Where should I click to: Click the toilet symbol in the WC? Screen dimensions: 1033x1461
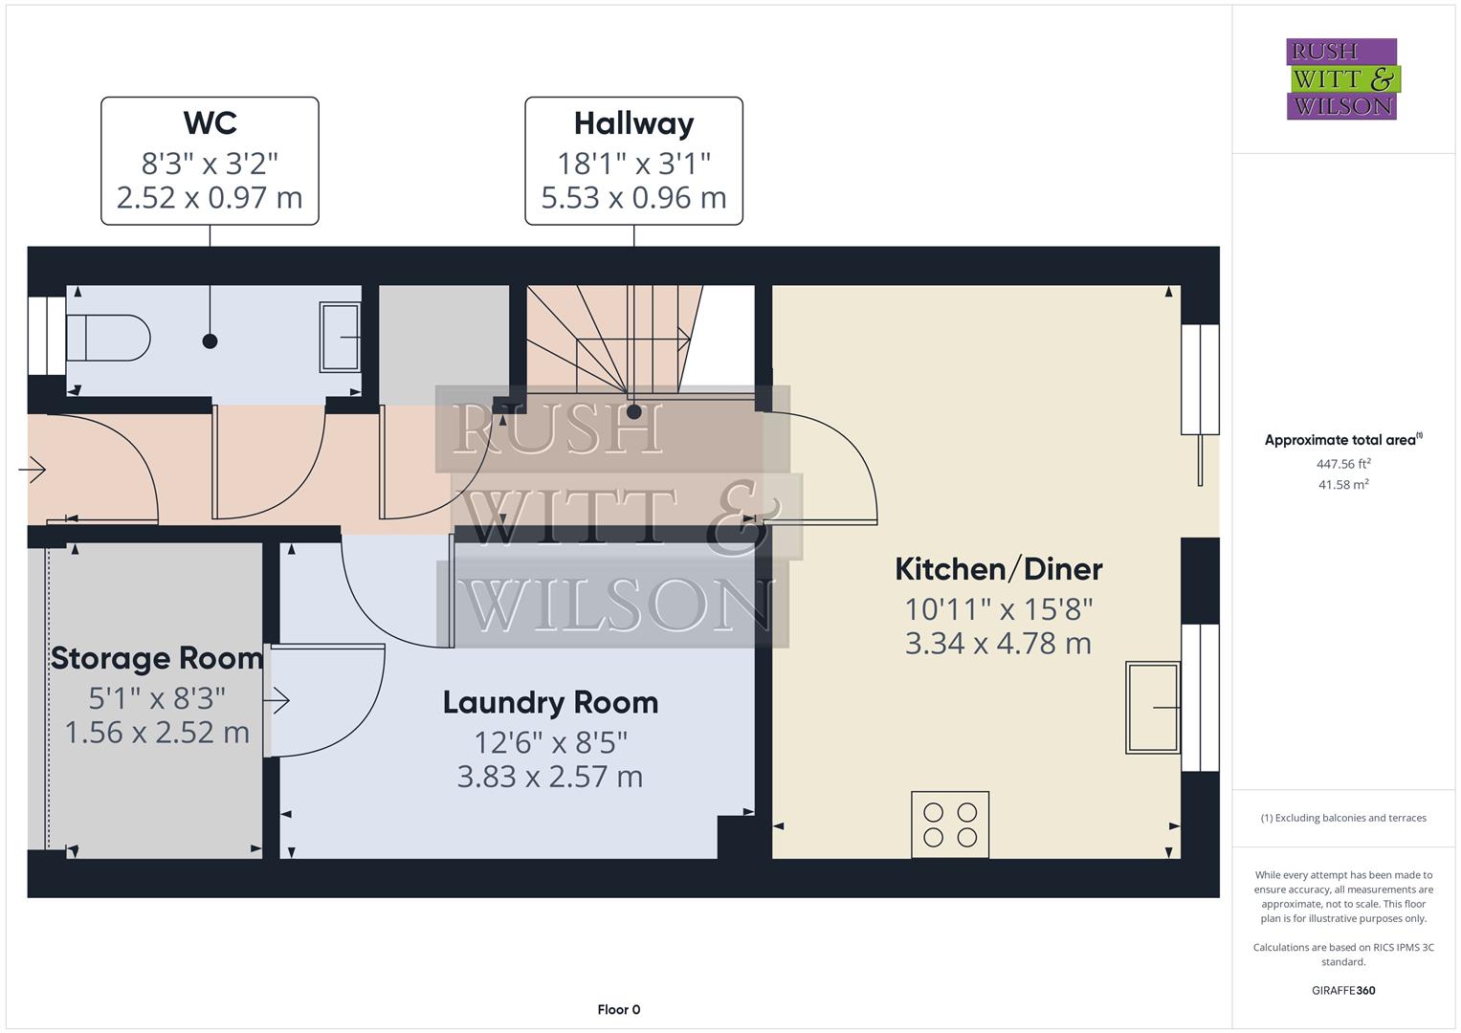click(x=107, y=338)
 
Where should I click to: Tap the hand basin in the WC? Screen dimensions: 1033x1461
click(x=340, y=337)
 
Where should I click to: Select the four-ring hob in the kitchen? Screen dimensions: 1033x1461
click(x=950, y=824)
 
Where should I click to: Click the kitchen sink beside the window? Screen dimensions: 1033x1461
click(x=1153, y=707)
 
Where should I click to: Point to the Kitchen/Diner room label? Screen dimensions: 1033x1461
click(x=998, y=569)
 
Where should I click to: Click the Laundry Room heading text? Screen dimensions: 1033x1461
click(x=550, y=703)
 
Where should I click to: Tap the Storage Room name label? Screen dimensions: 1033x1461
click(x=156, y=658)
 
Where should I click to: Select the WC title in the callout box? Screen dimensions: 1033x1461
click(x=210, y=123)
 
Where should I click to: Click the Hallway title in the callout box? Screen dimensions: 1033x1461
click(x=633, y=123)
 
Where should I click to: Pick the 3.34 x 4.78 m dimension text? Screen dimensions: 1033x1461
click(x=998, y=644)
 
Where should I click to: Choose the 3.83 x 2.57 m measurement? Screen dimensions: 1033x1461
click(x=550, y=777)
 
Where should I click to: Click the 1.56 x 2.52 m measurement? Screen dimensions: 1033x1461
click(x=156, y=733)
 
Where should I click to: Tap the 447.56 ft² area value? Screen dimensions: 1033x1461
click(x=1342, y=464)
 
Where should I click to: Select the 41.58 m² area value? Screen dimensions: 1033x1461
click(x=1342, y=485)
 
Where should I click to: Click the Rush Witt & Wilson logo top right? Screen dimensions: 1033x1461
click(x=1341, y=79)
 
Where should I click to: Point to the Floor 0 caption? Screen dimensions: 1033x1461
click(x=618, y=1009)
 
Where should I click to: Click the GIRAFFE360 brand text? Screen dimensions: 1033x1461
click(x=1342, y=990)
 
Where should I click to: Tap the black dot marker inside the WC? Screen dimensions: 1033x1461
click(x=210, y=341)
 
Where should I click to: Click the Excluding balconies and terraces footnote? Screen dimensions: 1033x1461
click(x=1342, y=818)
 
